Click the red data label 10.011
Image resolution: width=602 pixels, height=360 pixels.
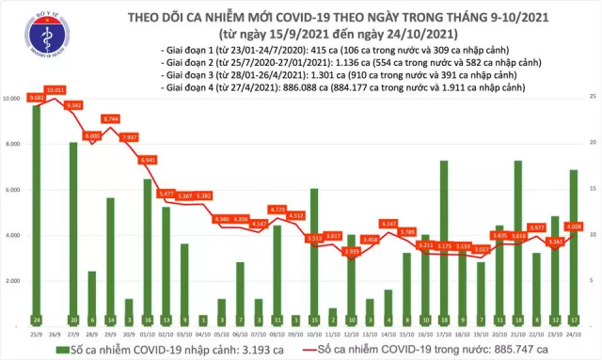(55, 90)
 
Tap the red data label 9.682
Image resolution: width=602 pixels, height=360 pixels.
(37, 98)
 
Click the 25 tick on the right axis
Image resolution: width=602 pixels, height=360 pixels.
(592, 97)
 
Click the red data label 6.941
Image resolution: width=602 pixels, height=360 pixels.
(147, 160)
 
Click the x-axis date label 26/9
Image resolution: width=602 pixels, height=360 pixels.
(55, 333)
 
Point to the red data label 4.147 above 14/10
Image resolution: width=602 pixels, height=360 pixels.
(388, 223)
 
